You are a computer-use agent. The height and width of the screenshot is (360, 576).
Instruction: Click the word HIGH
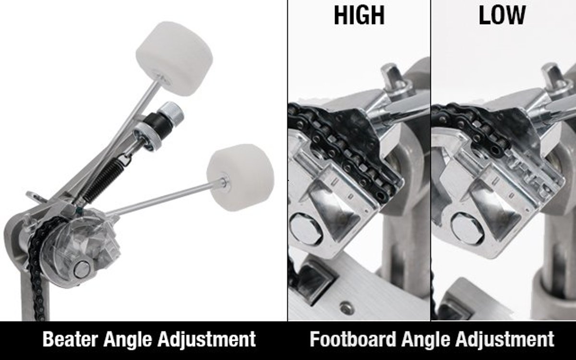tap(359, 15)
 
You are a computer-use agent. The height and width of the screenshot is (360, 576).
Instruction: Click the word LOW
tap(502, 15)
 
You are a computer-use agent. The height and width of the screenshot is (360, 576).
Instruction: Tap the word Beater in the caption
tap(70, 339)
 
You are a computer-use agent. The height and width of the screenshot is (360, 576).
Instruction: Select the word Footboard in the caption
tap(352, 339)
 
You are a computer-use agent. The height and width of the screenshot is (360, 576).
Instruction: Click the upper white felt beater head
tap(174, 59)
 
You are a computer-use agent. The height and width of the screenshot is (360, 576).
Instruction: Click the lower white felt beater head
tap(240, 178)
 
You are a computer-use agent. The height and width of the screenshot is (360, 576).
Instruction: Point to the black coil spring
tap(104, 180)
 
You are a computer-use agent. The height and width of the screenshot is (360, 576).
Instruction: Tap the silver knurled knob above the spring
tap(171, 111)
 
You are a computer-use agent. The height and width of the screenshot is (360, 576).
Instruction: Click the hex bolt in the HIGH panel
tap(306, 229)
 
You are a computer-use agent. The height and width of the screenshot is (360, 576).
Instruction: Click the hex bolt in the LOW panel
tap(467, 229)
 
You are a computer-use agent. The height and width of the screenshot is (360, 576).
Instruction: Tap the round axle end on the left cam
tap(82, 269)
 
